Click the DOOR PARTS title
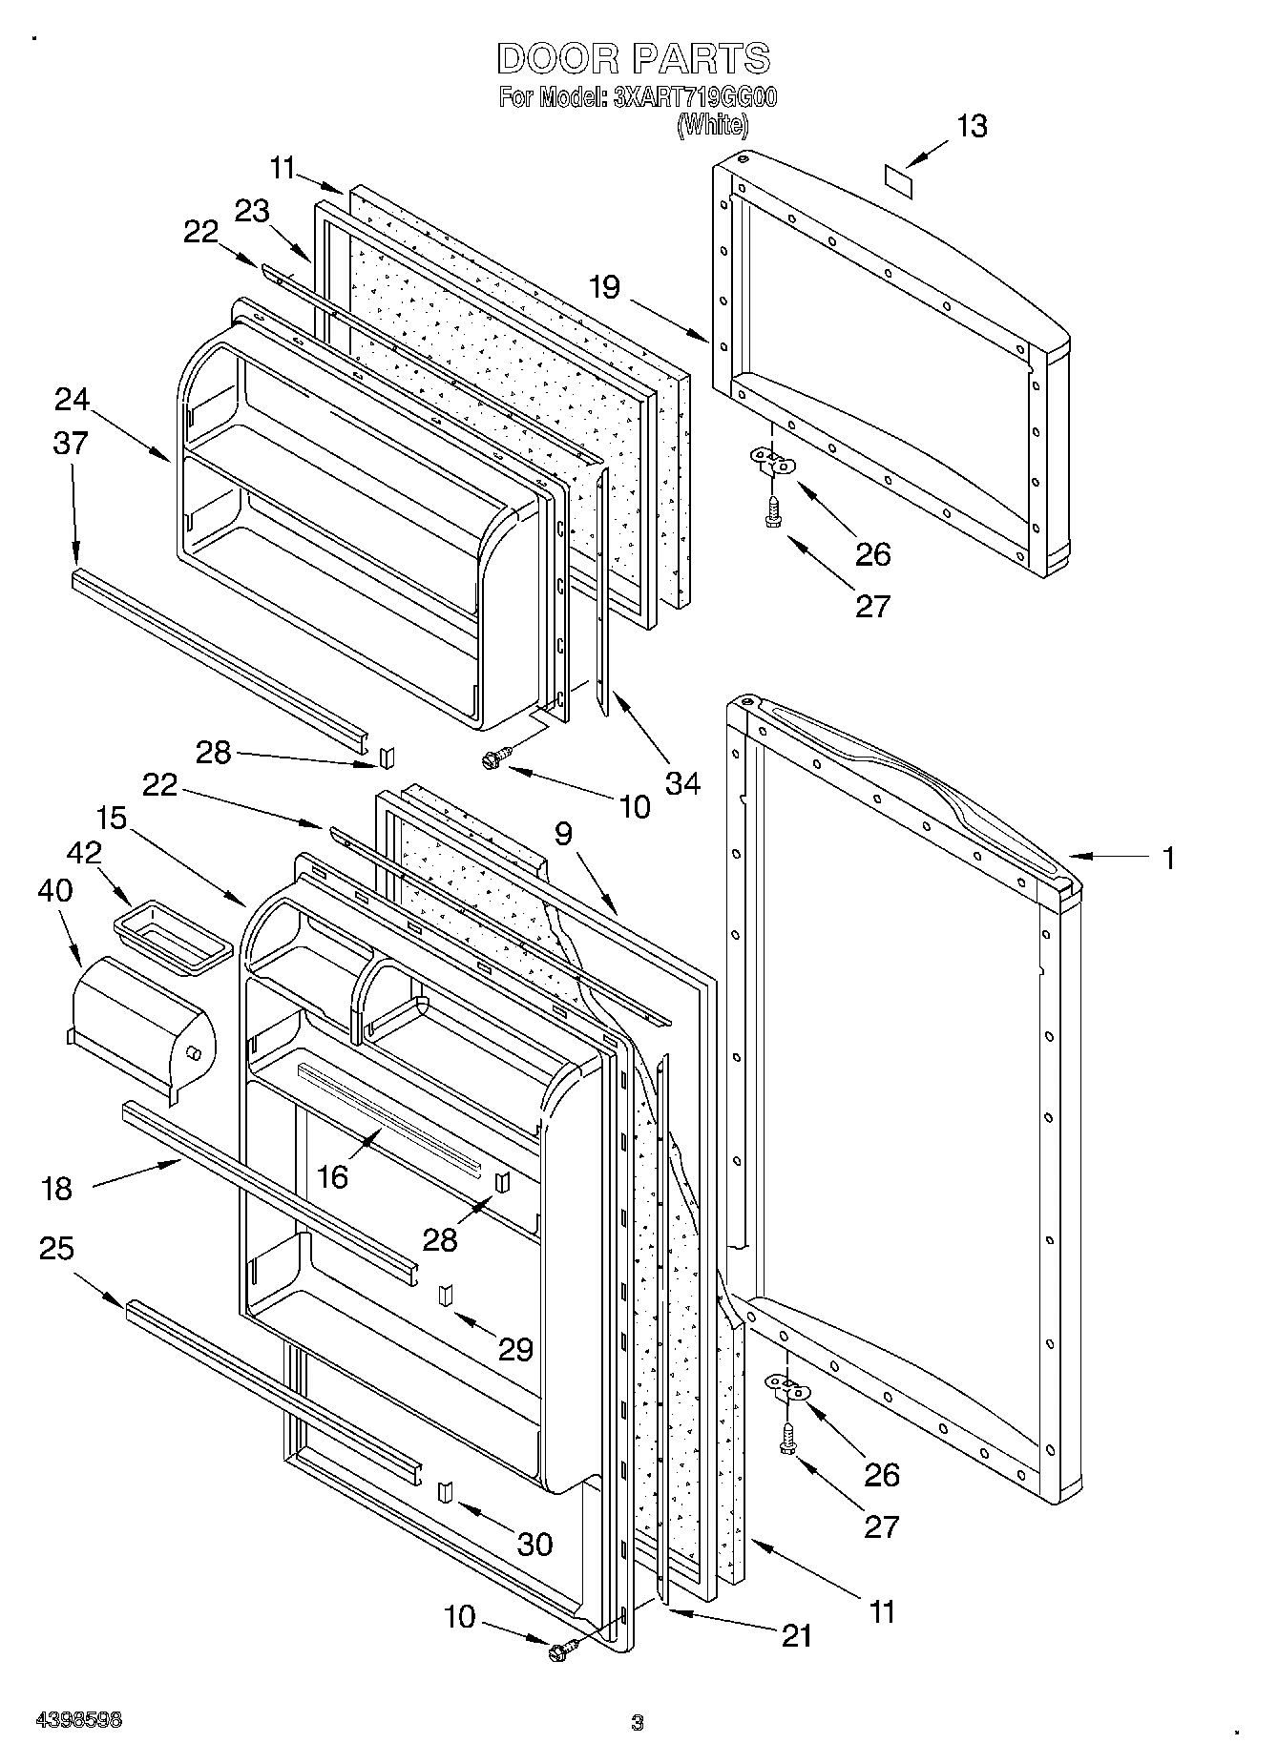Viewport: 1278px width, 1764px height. [634, 59]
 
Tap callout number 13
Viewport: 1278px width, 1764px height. [972, 127]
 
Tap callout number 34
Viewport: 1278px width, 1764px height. [682, 784]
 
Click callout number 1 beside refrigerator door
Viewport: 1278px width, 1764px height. [1167, 858]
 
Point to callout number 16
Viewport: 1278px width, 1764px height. [332, 1177]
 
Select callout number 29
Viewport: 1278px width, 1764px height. [515, 1349]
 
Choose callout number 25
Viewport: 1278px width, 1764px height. [56, 1248]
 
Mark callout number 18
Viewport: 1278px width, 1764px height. [57, 1189]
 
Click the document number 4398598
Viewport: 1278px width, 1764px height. [79, 1720]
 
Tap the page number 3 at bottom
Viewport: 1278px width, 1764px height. [638, 1723]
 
